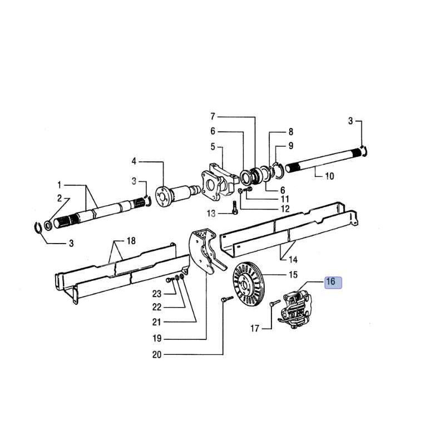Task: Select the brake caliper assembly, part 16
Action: click(295, 309)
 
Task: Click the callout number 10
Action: click(329, 176)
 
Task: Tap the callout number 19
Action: click(157, 339)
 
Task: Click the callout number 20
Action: click(157, 355)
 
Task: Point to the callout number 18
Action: click(131, 241)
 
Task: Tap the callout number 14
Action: click(293, 259)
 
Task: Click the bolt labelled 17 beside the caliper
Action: click(274, 303)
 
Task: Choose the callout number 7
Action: click(213, 116)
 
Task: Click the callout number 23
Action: click(157, 294)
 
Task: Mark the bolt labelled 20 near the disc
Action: click(227, 299)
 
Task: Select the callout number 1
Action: click(59, 185)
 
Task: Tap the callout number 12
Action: click(285, 209)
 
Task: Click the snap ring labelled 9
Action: click(278, 171)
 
